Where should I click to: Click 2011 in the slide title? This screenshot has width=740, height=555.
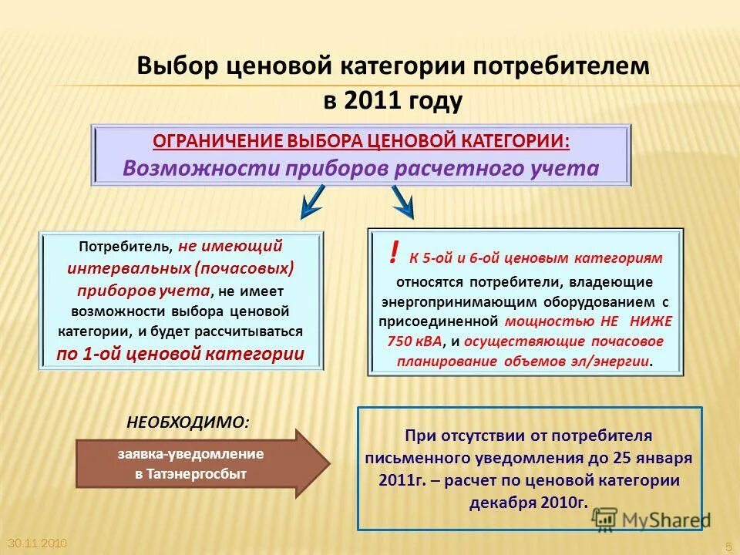click(372, 99)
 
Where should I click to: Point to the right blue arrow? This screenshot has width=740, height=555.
click(402, 203)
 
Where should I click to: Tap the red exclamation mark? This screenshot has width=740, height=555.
click(394, 252)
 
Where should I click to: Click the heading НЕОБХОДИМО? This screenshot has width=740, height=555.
click(187, 422)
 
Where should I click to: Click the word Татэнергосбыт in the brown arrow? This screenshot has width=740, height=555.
click(190, 474)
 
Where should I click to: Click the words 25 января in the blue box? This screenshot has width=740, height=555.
click(654, 456)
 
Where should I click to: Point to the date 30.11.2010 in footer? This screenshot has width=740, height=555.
click(36, 543)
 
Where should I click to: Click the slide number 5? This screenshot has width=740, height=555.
click(728, 546)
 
